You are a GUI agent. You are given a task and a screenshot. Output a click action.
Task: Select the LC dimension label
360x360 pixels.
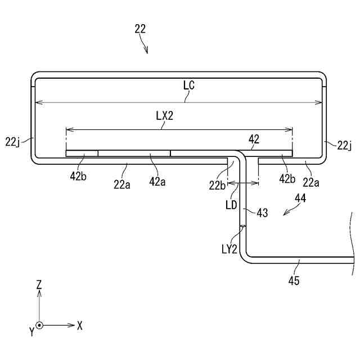[189, 85]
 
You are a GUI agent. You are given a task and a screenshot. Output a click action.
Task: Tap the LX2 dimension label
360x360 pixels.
[164, 116]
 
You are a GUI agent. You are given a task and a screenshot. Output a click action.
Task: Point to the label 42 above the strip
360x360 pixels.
[254, 139]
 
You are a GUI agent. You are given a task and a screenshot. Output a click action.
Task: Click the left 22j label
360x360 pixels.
[12, 142]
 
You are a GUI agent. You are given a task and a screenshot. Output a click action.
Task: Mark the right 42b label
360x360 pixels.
[287, 179]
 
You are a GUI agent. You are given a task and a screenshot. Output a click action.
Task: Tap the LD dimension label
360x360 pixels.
[231, 206]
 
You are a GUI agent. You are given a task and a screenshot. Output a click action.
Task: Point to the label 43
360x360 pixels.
[262, 213]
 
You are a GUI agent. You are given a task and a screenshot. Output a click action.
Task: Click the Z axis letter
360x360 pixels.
[39, 285]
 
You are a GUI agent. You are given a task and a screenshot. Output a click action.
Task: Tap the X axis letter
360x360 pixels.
[80, 325]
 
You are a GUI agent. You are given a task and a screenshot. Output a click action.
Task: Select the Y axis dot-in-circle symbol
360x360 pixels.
[39, 325]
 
